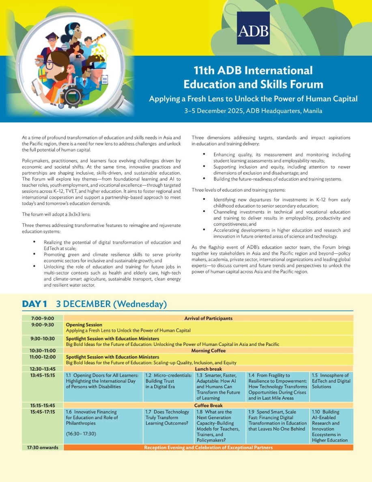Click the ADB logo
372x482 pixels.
(253, 28)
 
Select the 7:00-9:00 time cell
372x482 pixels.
(42, 318)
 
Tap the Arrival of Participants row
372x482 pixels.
(208, 318)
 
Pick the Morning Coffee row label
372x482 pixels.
(208, 350)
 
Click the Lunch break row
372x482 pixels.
(208, 369)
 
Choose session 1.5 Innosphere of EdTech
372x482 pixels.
(331, 381)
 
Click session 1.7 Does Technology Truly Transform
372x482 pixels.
(168, 417)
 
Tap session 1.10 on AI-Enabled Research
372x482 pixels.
(331, 426)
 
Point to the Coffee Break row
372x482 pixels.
(208, 405)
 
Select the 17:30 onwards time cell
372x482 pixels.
(42, 447)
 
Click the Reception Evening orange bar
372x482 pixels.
(208, 447)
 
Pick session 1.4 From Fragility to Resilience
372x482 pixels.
(277, 387)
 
